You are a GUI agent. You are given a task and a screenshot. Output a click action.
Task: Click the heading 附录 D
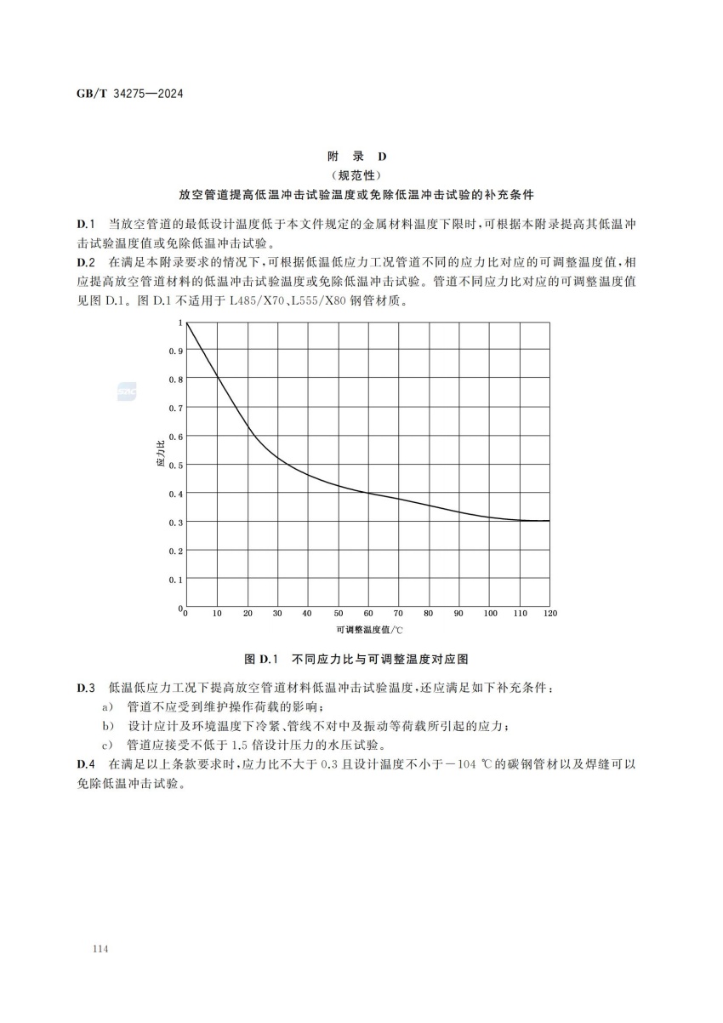[x=357, y=157]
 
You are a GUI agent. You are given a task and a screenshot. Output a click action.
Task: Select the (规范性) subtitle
[x=357, y=175]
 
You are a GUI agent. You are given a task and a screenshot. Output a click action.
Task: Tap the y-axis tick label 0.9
[x=176, y=351]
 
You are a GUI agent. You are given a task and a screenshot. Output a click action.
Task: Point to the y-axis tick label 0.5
[x=176, y=466]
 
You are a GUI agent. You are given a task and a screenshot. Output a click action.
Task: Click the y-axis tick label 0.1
[x=176, y=580]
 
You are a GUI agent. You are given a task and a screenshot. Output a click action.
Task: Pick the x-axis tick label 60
[x=368, y=614]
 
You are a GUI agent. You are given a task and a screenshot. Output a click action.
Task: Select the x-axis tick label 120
[x=550, y=614]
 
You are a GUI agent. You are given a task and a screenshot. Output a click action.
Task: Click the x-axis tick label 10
[x=217, y=614]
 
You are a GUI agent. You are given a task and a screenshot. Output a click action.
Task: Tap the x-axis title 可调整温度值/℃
[x=368, y=631]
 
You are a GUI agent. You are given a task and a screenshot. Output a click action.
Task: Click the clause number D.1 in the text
[x=86, y=223]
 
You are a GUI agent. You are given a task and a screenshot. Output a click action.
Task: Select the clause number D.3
[x=86, y=687]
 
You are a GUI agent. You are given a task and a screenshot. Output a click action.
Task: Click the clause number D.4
[x=86, y=765]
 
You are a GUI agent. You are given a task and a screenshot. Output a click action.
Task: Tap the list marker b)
[x=108, y=726]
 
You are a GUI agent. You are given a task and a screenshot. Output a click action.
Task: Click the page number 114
[x=85, y=947]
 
